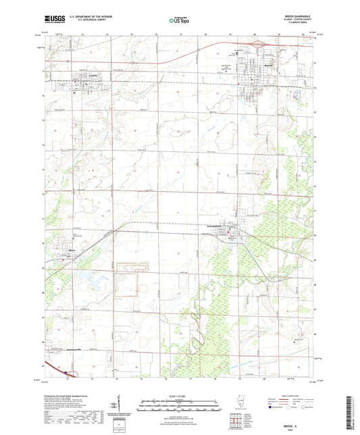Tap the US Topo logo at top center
pos(177,21)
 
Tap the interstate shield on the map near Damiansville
pos(66,371)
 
